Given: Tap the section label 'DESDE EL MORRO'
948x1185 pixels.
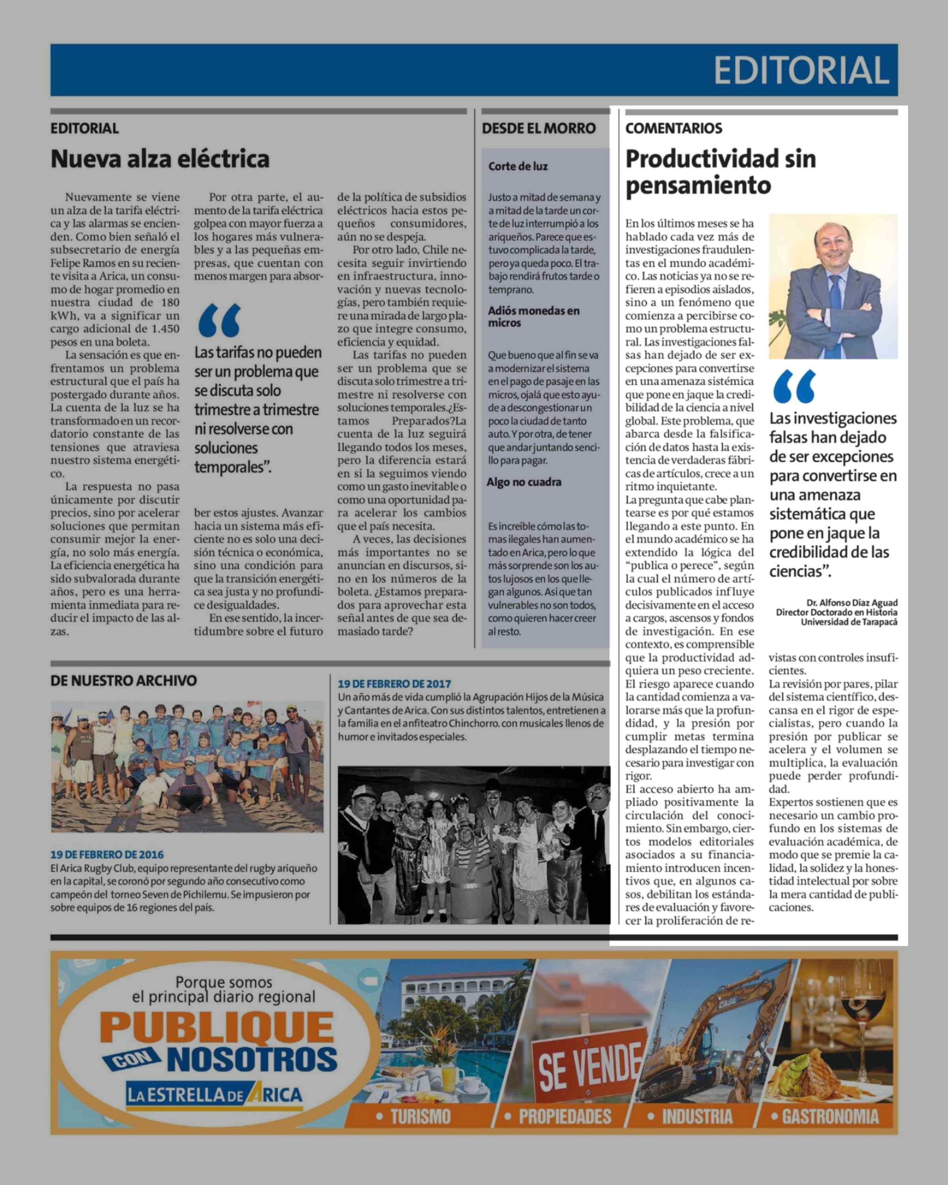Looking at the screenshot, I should [x=538, y=129].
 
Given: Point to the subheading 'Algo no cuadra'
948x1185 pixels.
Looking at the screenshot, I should [x=524, y=482].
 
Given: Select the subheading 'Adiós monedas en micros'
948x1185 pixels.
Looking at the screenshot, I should [x=533, y=316].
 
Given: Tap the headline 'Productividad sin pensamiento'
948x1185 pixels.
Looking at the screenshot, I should [x=720, y=171].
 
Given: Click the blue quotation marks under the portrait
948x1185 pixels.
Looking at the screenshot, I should [x=794, y=386].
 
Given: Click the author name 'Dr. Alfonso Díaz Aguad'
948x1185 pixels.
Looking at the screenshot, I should [x=852, y=602].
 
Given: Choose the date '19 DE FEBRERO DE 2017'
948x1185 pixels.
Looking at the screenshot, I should [x=394, y=684].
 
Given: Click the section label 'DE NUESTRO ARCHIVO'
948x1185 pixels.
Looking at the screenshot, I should [x=124, y=681].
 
